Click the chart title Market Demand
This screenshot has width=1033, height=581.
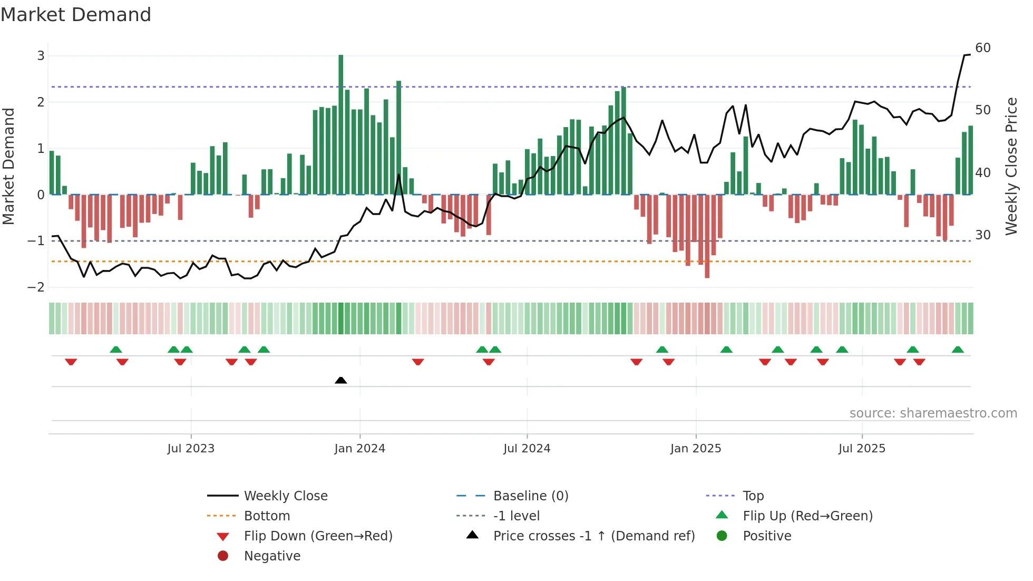coord(76,15)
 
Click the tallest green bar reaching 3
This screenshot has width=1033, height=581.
coord(341,124)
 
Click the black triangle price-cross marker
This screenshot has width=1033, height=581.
coord(341,380)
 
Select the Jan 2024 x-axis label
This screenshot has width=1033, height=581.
coord(360,449)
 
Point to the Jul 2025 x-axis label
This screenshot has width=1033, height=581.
coord(862,449)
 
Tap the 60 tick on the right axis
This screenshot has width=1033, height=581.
coord(983,48)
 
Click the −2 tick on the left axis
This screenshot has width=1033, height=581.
coord(36,287)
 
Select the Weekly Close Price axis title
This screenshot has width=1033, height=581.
coord(1011,166)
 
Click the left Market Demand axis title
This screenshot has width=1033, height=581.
coord(9,166)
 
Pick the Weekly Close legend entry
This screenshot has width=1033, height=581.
coord(286,496)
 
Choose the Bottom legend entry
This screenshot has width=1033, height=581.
coord(267,516)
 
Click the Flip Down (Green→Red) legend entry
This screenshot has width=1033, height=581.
coord(318,536)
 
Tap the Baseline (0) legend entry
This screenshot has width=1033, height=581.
coord(530,496)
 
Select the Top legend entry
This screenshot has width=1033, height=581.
coord(753,496)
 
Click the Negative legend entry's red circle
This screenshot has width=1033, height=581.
coord(223,556)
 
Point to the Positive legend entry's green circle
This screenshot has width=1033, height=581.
coord(722,536)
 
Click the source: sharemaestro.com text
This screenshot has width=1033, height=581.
coord(933,413)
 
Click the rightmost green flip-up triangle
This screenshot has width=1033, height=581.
coord(958,350)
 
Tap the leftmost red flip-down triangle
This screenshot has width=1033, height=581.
coord(71,362)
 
